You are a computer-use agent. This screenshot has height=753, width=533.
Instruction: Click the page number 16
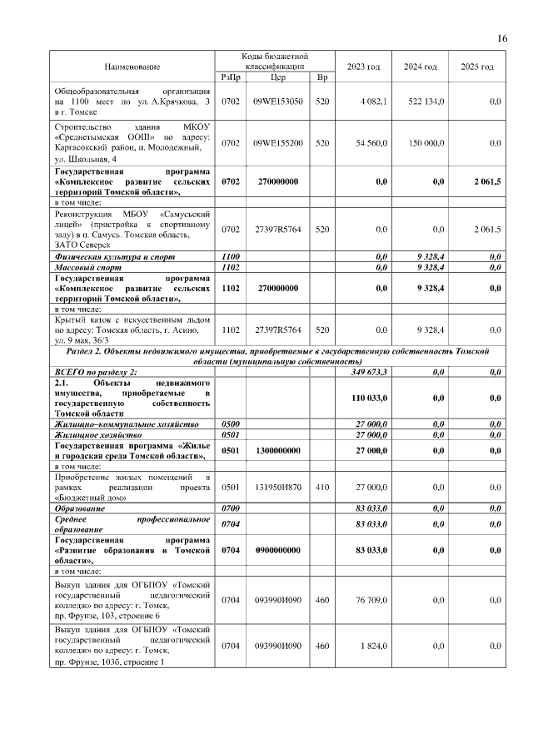click(x=502, y=38)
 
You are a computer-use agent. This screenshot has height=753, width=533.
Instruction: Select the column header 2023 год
click(x=363, y=67)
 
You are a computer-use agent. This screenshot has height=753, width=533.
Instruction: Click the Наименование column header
click(x=132, y=67)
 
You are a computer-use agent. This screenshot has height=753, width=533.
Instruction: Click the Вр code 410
click(x=321, y=486)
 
